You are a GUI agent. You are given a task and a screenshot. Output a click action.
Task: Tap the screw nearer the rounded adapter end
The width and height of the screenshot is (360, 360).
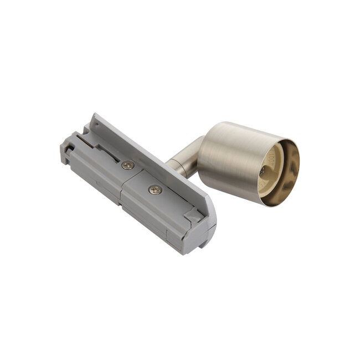155,190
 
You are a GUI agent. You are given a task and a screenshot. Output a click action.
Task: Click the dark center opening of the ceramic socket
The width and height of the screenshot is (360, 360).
263,173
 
